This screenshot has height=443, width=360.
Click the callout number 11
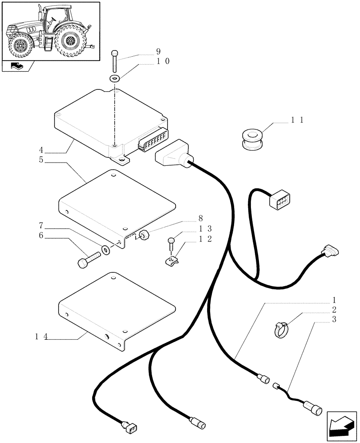(x=297, y=120)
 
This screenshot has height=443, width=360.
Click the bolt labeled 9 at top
(x=115, y=61)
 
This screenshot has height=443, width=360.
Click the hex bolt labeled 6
(x=86, y=260)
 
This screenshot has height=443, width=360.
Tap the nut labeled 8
(x=144, y=235)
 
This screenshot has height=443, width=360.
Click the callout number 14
(x=41, y=337)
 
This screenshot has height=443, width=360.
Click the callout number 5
(x=41, y=160)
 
